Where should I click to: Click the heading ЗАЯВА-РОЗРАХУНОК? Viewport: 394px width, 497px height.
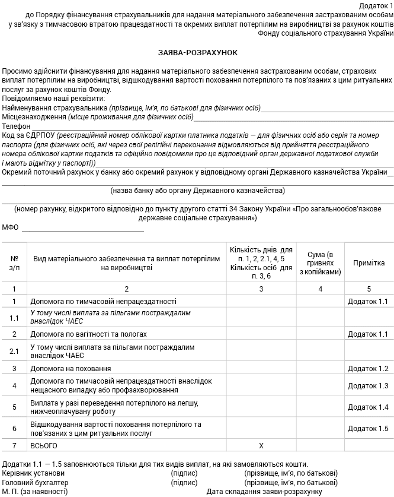click(x=197, y=53)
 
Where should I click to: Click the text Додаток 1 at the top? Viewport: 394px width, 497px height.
click(x=376, y=5)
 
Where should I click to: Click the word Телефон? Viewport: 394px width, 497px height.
click(x=16, y=126)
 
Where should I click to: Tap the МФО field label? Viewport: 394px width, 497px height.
click(x=11, y=227)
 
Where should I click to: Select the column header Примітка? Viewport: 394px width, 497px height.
click(x=369, y=263)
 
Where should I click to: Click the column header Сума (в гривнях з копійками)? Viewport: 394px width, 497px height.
click(x=321, y=263)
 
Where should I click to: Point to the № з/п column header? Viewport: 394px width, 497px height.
click(x=14, y=263)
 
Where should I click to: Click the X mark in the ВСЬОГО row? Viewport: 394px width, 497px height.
click(x=261, y=445)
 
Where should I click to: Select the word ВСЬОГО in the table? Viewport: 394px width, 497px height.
click(x=44, y=445)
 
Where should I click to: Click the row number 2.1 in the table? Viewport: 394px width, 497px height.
click(x=14, y=351)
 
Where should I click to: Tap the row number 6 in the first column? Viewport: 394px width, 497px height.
click(x=14, y=428)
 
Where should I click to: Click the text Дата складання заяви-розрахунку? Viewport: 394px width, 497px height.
click(x=264, y=492)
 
